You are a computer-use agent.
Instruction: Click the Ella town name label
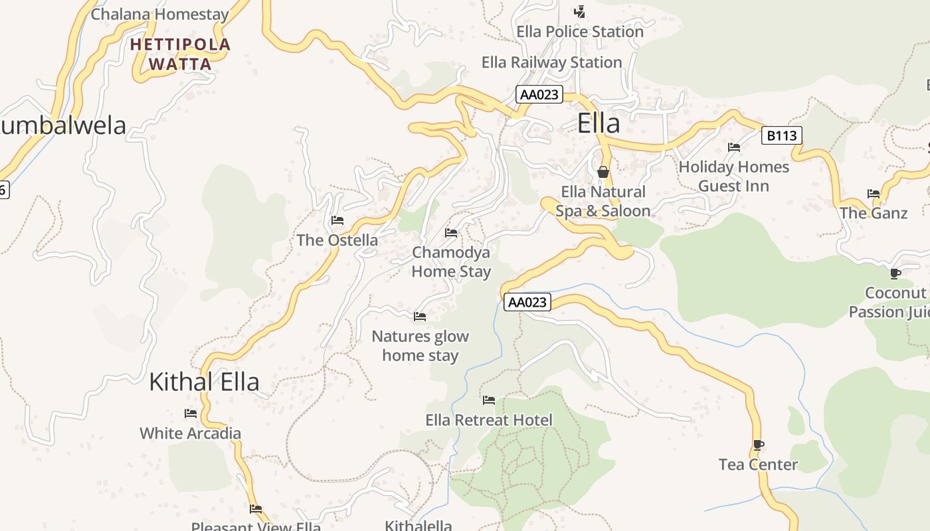tap(599, 123)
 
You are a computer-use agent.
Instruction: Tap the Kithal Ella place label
tap(204, 382)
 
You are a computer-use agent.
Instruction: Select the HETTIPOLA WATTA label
tap(180, 54)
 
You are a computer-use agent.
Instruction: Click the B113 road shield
tap(781, 135)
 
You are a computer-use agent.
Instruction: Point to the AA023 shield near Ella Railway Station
tap(539, 94)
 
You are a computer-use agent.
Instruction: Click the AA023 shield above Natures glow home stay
tap(527, 302)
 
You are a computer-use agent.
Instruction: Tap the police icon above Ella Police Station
tap(580, 11)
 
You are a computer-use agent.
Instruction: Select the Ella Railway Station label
tap(551, 62)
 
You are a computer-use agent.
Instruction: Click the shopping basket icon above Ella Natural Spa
tap(603, 171)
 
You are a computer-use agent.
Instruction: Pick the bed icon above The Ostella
tap(337, 220)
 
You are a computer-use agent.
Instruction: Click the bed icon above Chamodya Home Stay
tap(451, 232)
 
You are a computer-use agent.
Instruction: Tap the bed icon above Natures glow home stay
tap(420, 316)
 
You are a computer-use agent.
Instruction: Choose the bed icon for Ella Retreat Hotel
tap(489, 400)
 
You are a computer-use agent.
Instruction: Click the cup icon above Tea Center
tap(758, 445)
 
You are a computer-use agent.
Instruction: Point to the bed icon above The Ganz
tap(874, 193)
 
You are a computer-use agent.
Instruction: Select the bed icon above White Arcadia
tap(191, 413)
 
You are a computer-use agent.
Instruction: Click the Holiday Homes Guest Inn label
tap(733, 177)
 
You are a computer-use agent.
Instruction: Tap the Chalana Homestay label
tap(159, 14)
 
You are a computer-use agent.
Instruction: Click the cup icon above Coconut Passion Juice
tap(895, 273)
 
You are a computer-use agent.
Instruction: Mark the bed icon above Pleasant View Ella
tap(256, 509)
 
